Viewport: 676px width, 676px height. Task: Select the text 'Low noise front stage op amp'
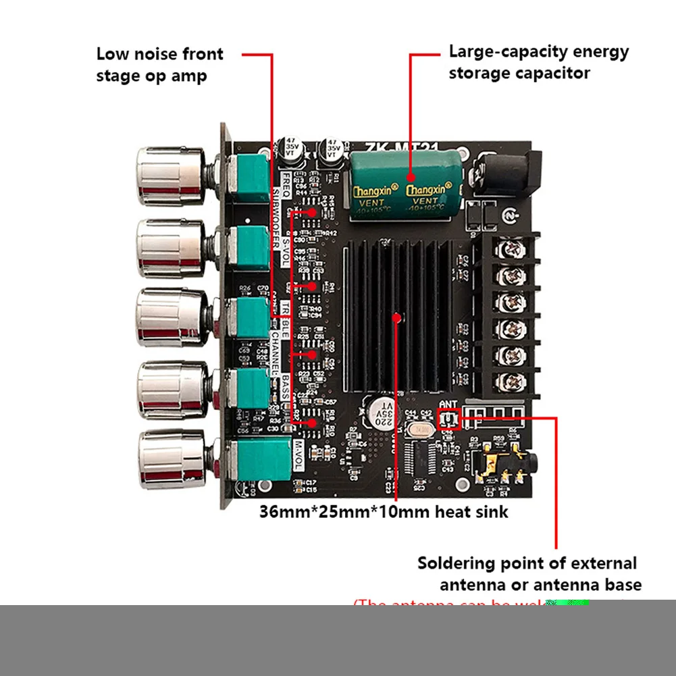coord(159,64)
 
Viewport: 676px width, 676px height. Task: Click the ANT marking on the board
coord(447,404)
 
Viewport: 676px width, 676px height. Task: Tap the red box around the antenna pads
coord(448,420)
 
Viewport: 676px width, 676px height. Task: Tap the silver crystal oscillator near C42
coord(421,430)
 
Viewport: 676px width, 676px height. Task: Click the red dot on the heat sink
coord(397,316)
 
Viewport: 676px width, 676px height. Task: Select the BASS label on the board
coord(286,385)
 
